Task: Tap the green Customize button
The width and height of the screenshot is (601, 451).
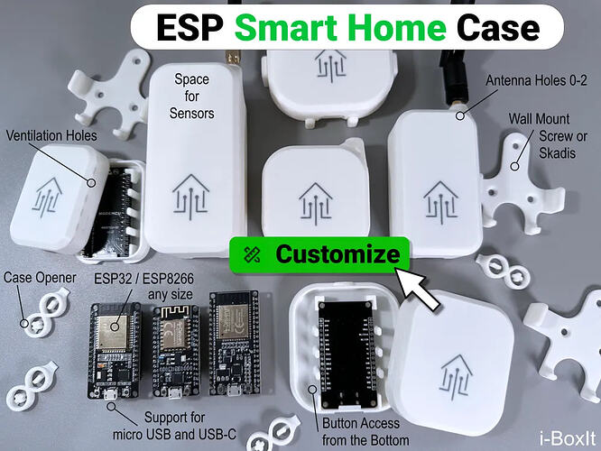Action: tap(319, 254)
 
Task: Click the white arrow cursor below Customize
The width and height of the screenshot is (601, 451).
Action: tap(417, 288)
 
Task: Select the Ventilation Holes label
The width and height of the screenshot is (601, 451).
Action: tap(51, 135)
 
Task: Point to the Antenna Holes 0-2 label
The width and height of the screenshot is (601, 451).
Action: tap(536, 80)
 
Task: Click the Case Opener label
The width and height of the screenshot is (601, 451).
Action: tap(40, 278)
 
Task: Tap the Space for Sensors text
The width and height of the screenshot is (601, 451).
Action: tap(191, 97)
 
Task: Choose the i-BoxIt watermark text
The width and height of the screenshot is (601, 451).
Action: tap(568, 438)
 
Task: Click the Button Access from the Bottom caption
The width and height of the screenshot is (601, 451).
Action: tap(365, 432)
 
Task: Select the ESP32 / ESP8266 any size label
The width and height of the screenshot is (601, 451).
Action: tap(144, 286)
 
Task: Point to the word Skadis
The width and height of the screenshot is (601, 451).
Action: tap(558, 153)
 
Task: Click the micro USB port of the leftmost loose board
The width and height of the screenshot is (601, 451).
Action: tap(111, 394)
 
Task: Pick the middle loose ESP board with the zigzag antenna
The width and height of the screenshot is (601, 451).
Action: tap(176, 352)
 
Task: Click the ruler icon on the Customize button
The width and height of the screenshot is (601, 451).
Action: tap(252, 254)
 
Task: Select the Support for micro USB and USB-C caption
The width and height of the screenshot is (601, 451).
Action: tap(174, 426)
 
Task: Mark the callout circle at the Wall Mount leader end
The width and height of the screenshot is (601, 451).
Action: tap(515, 166)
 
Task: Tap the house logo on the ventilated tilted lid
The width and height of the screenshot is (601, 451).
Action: tap(49, 198)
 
